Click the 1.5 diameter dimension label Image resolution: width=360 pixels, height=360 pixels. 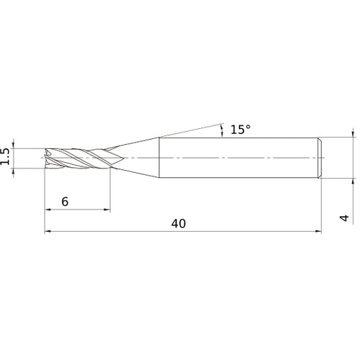pos(6,157)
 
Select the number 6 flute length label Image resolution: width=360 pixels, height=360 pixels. pos(65,202)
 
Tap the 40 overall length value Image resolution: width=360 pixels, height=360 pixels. pos(179,223)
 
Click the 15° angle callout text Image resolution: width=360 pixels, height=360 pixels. pos(240,130)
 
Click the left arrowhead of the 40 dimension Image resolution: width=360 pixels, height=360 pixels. pos(48,232)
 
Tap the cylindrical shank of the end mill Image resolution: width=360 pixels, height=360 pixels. pos(238,157)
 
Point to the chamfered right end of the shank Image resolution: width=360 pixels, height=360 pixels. pos(318,157)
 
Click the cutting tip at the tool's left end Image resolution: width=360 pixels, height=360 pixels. pos(47,157)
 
